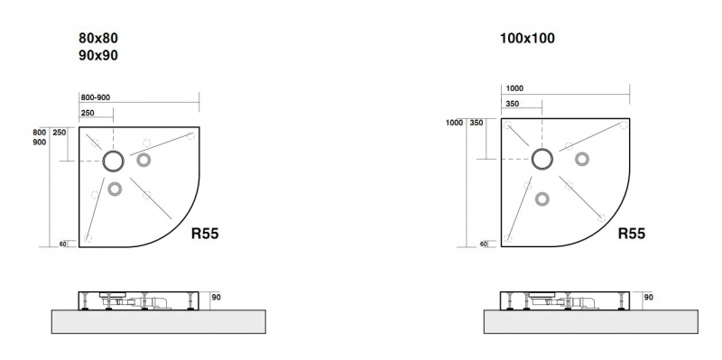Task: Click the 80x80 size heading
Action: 98,38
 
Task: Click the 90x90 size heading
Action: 98,55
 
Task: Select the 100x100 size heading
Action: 527,38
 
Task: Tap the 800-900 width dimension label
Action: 96,97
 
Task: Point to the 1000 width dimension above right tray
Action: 514,88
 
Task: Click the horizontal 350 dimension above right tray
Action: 512,104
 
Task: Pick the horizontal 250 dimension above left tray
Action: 88,113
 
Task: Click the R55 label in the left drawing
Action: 205,234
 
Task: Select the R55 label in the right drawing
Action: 631,234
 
